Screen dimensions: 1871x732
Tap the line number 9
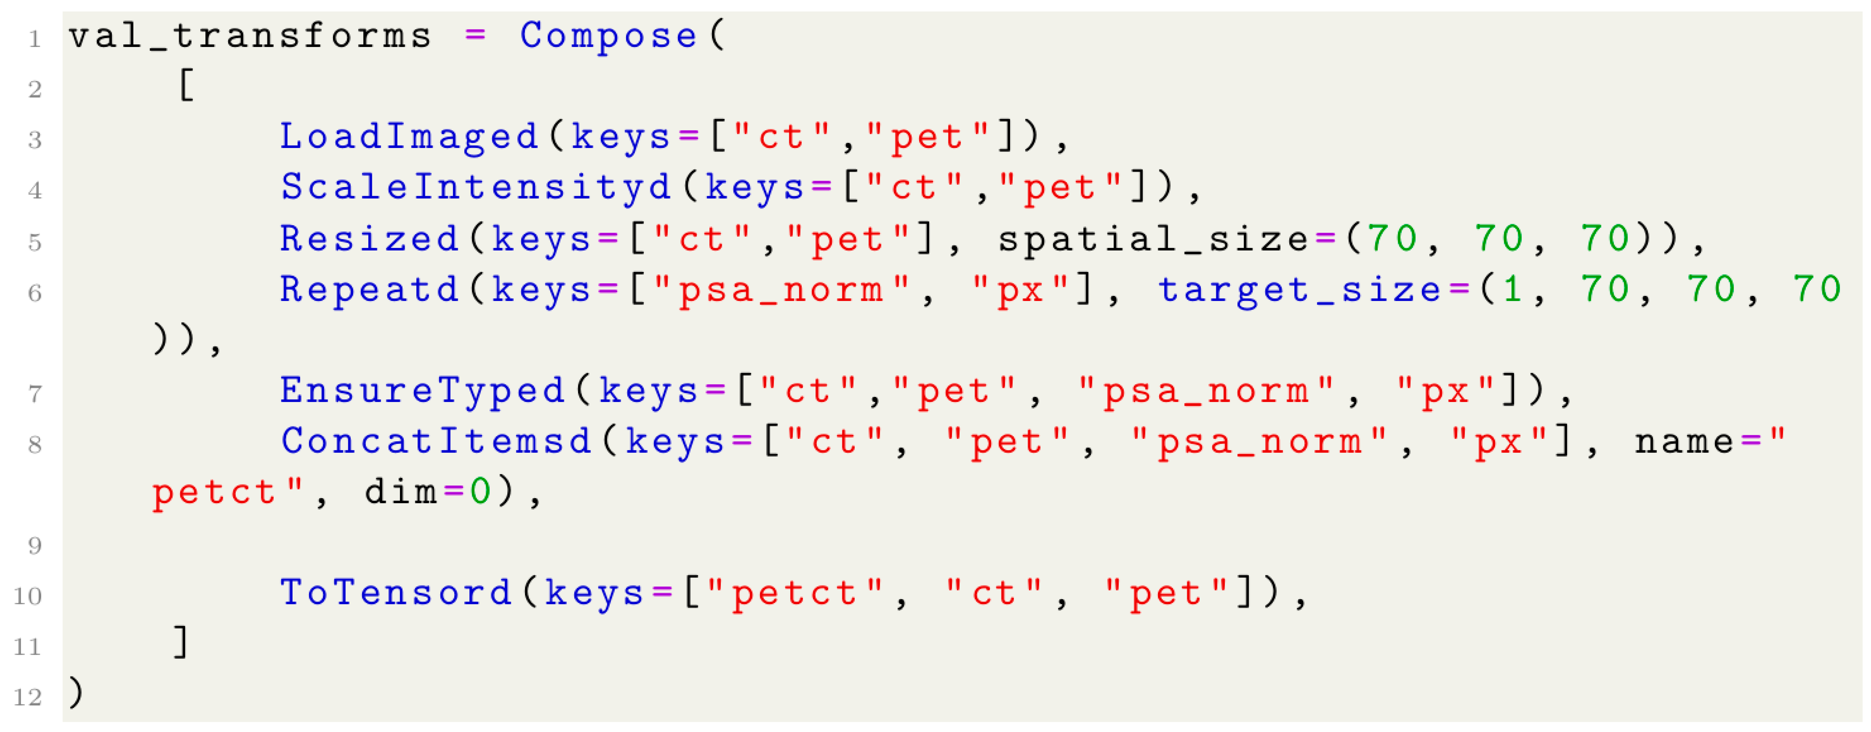[x=34, y=546]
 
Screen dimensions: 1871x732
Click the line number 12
[x=28, y=698]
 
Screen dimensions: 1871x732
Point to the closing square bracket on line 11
[x=182, y=643]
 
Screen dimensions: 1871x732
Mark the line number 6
[x=34, y=293]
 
